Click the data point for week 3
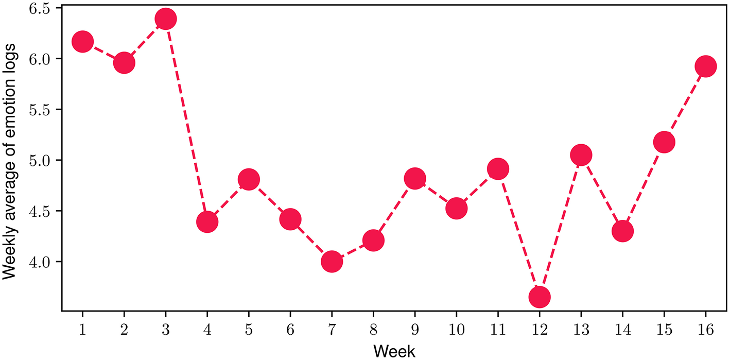[x=166, y=19]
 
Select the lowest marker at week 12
[x=540, y=297]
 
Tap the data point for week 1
[x=82, y=42]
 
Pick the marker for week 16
[x=705, y=66]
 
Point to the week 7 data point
[x=332, y=262]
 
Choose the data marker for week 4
[x=207, y=222]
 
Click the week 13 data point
[x=581, y=155]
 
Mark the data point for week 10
[x=456, y=209]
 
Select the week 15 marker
[x=664, y=142]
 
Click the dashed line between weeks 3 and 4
[x=186, y=121]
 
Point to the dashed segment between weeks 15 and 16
[x=685, y=104]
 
